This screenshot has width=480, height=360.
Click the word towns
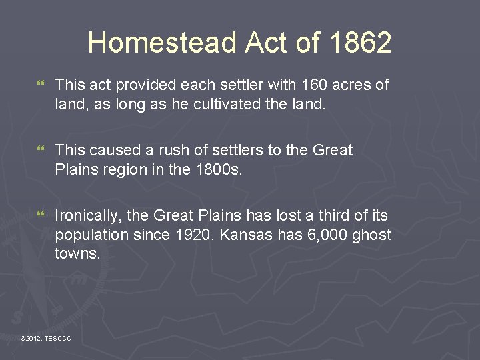tap(77, 253)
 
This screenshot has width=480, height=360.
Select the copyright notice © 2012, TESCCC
tap(45, 339)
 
